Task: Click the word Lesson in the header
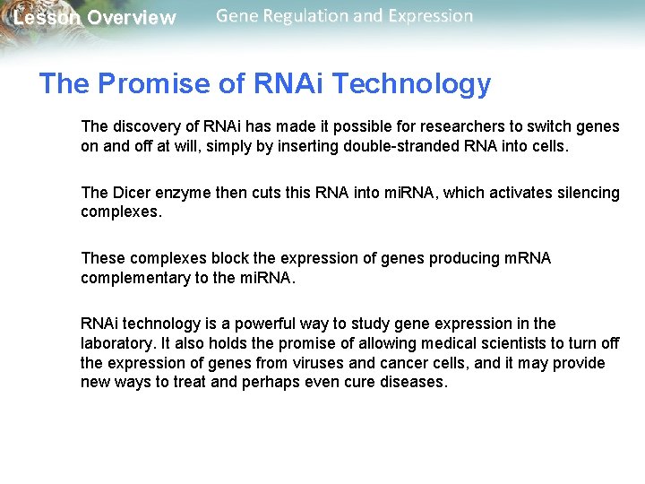click(x=45, y=18)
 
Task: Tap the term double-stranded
click(x=400, y=146)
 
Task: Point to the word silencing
click(x=588, y=193)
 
